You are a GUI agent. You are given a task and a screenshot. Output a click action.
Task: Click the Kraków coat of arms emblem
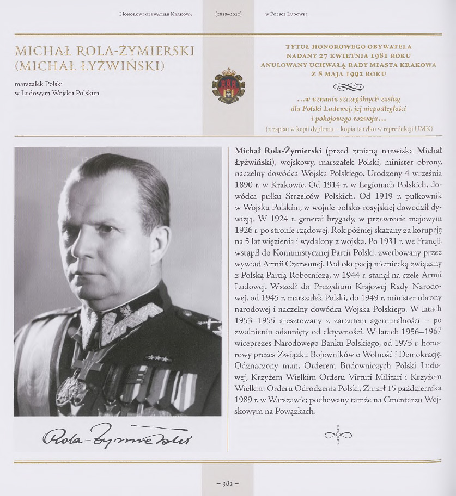pyautogui.click(x=228, y=86)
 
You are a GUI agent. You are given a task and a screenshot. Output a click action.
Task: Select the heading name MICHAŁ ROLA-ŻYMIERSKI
pyautogui.click(x=105, y=52)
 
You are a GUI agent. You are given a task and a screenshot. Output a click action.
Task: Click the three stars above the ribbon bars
pyautogui.click(x=157, y=358)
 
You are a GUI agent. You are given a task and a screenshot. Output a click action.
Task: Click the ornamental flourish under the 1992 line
pyautogui.click(x=349, y=86)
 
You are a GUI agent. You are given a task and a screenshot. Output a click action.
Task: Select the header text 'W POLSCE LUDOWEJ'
pyautogui.click(x=286, y=14)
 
